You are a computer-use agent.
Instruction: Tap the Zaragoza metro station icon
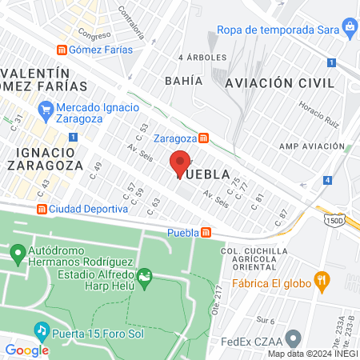coord(204,137)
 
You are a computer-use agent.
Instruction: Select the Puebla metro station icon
coord(206,233)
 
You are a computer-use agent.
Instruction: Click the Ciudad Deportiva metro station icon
coord(41,209)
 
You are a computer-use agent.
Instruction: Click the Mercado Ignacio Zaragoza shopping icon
coord(46,108)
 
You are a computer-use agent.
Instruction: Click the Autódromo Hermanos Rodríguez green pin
coord(18,255)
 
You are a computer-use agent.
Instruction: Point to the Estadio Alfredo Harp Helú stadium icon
coord(145,280)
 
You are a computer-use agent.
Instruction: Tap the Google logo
coord(26,350)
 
